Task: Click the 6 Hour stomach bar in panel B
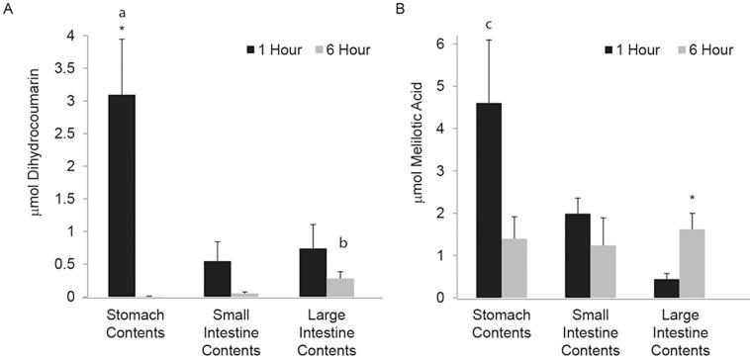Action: click(522, 267)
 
